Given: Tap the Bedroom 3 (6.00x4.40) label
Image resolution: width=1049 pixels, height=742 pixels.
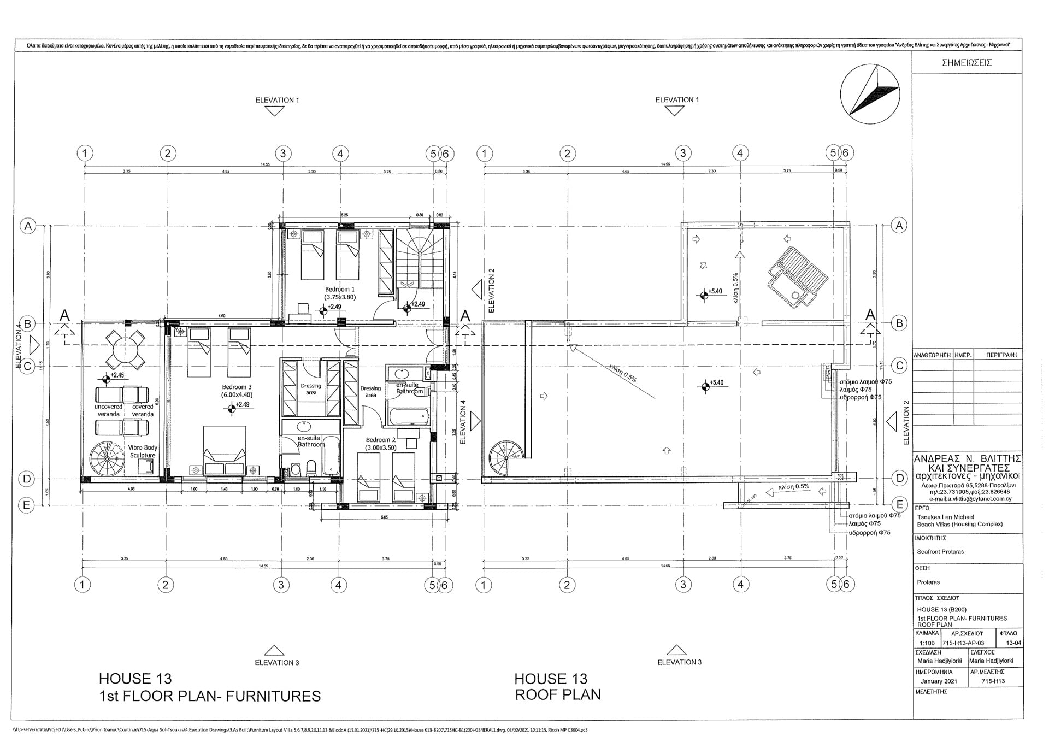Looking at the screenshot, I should tap(237, 390).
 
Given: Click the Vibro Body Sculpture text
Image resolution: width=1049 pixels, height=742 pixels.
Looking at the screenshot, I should tap(143, 451).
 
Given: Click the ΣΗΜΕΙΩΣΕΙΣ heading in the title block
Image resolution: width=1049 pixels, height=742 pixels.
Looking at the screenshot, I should tap(967, 62).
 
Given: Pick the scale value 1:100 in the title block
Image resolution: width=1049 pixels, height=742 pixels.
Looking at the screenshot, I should tap(927, 643).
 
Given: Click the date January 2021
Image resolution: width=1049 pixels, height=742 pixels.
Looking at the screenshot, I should tap(939, 681).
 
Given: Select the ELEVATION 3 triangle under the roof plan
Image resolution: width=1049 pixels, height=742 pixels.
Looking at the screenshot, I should tap(676, 650).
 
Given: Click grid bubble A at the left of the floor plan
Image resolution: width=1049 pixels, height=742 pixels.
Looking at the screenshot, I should tap(27, 226).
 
